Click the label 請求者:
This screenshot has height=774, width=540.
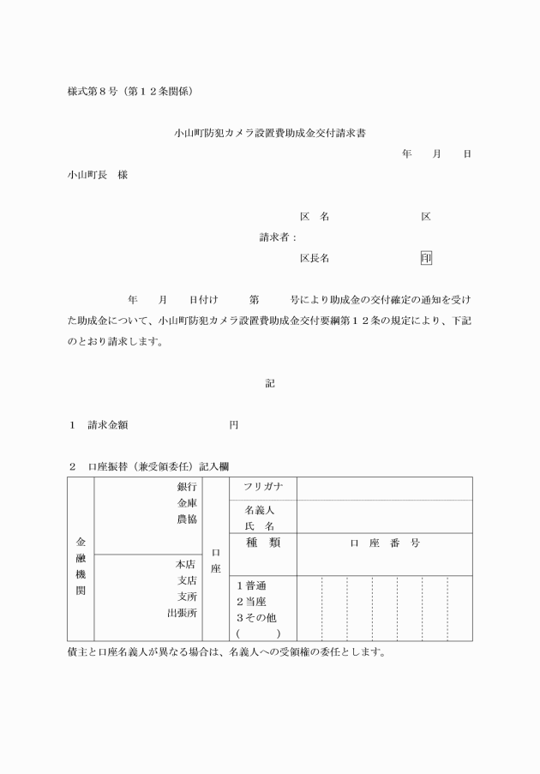click(279, 237)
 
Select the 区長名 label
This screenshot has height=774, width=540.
click(315, 257)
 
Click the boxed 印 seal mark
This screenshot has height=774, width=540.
click(426, 257)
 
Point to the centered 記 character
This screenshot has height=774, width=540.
click(270, 383)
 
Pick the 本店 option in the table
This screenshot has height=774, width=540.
click(186, 564)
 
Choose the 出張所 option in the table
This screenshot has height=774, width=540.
click(182, 613)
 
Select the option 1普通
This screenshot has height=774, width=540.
click(255, 585)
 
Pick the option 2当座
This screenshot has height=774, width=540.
click(255, 602)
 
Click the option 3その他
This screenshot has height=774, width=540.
click(258, 618)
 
